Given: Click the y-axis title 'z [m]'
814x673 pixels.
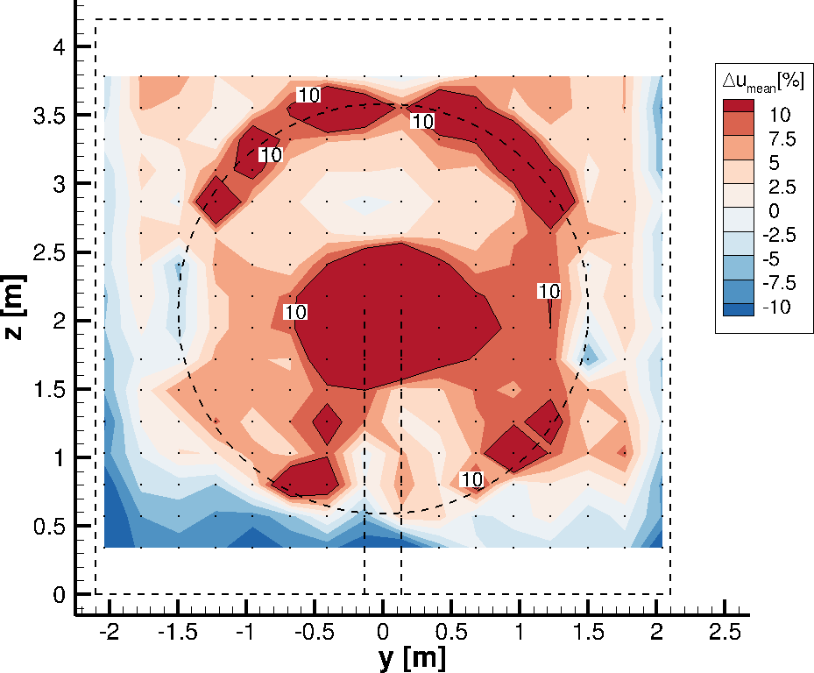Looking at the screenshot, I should [x=18, y=310].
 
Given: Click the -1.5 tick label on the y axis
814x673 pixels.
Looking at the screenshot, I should [x=175, y=631].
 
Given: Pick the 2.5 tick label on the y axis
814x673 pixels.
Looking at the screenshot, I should [x=725, y=631].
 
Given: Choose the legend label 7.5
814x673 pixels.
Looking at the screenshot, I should [x=779, y=138].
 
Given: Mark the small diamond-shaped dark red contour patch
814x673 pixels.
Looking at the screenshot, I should [x=327, y=424].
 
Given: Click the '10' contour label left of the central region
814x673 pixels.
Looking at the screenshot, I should [x=295, y=312].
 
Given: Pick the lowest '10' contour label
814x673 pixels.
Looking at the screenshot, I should [x=471, y=479].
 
